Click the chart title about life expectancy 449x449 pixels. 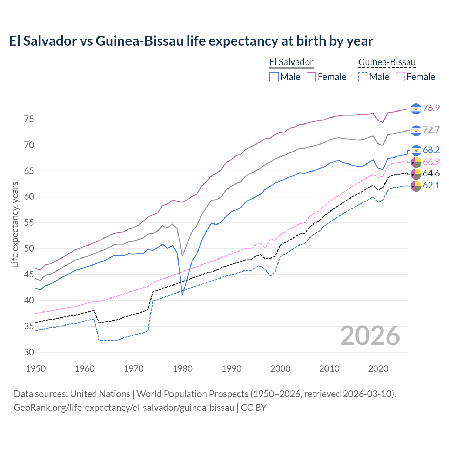click(191, 41)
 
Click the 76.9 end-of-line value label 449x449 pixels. click(431, 108)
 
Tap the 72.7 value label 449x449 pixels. click(431, 130)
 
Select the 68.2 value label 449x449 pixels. click(431, 150)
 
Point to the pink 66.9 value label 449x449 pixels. click(431, 162)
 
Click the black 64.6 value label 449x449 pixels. click(431, 173)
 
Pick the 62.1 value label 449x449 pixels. click(431, 185)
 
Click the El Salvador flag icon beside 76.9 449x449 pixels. click(416, 109)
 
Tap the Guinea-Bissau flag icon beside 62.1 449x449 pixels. click(416, 186)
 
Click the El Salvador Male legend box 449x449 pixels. click(274, 77)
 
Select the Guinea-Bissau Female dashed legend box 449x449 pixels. click(400, 77)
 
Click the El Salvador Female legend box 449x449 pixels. click(311, 77)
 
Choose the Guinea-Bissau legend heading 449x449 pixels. click(387, 62)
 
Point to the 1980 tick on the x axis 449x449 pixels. click(182, 369)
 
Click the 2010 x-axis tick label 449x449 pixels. click(329, 369)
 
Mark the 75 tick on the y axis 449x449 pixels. click(29, 119)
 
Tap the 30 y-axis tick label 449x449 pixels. click(29, 352)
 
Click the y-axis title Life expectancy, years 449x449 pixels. click(15, 224)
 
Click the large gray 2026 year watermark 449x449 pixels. click(370, 336)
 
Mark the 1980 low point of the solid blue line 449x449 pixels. click(182, 295)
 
